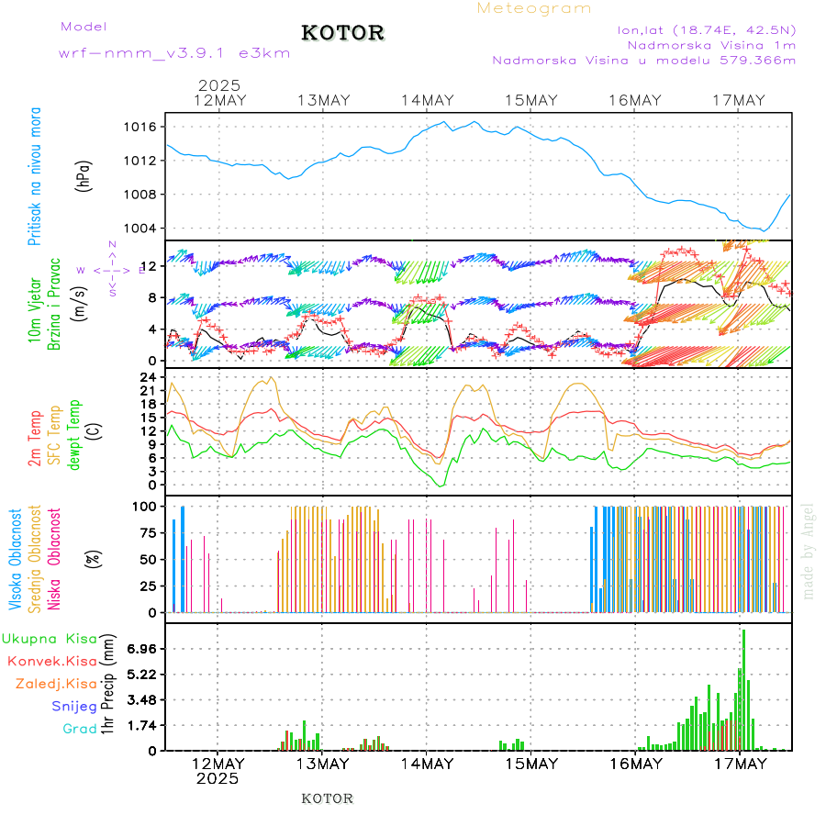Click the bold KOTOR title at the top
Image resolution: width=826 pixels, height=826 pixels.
[343, 33]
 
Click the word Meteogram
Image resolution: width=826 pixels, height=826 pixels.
[534, 8]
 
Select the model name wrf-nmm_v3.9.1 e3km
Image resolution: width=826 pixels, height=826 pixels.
[174, 52]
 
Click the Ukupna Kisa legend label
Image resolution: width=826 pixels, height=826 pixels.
[50, 638]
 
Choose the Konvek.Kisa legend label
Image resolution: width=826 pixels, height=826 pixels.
[51, 661]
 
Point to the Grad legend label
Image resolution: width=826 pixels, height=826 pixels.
[79, 729]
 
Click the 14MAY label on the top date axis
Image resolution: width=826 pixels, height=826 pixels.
[427, 101]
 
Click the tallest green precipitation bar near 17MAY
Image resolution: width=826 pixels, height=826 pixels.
[743, 688]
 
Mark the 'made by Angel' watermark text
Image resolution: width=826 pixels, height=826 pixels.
[809, 551]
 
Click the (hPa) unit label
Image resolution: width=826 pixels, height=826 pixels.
[84, 175]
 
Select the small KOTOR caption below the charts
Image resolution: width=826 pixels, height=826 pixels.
[328, 798]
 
